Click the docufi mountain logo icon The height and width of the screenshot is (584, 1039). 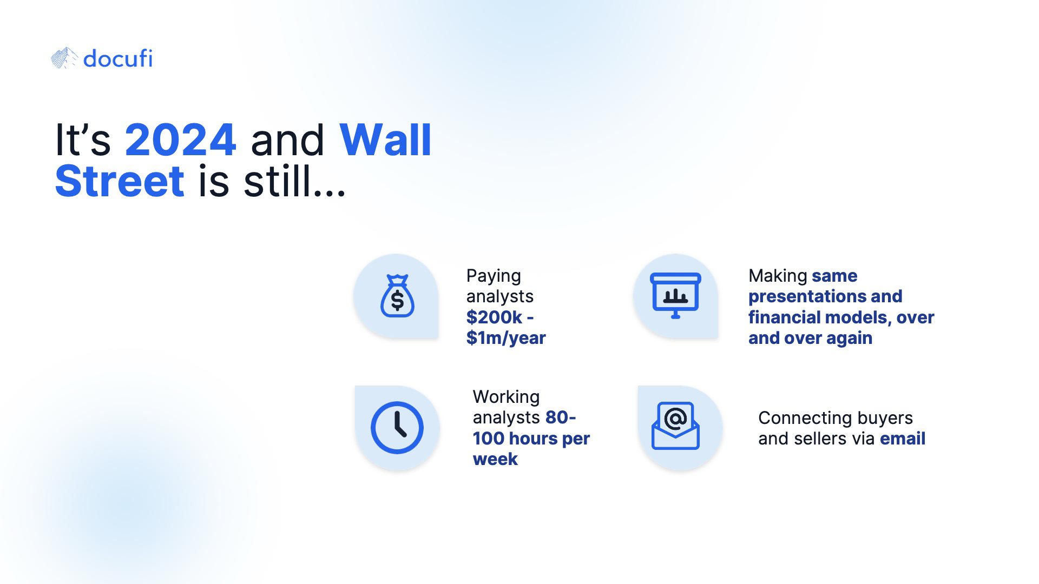pos(64,58)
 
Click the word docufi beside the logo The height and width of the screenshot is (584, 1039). pos(118,58)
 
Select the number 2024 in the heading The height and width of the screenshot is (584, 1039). pos(180,140)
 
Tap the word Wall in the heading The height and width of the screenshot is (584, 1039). pos(385,140)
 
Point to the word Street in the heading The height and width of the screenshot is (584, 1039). pos(120,181)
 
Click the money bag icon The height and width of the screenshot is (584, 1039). pos(397,296)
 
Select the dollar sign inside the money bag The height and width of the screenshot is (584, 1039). pos(397,300)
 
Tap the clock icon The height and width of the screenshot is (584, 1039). pos(397,428)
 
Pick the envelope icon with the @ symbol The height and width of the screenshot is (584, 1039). pos(675,426)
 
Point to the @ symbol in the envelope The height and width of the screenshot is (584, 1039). pos(675,418)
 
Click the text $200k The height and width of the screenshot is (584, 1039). pos(494,317)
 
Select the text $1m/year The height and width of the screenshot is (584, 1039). pos(506,338)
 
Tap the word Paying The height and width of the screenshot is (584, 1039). pos(494,276)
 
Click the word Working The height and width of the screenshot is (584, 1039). pos(506,397)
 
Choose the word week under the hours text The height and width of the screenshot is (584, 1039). pos(495,459)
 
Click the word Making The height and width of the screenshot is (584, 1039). pos(778,276)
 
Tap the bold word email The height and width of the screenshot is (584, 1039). pos(903,439)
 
